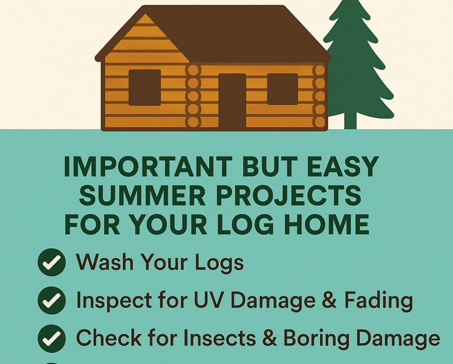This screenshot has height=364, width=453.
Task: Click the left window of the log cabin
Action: point(145,87)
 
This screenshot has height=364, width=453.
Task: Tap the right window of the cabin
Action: point(282,89)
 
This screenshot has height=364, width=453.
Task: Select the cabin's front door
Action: point(232,101)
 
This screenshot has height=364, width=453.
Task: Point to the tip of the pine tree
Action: point(350,0)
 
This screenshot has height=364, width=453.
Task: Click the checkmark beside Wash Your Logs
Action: point(52,262)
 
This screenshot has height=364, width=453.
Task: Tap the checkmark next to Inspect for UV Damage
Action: point(52,301)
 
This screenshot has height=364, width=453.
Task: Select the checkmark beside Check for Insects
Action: point(52,338)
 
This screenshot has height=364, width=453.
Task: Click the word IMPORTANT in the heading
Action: point(148,166)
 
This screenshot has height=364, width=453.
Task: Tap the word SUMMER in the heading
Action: point(143,195)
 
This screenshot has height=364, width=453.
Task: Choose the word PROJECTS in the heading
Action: point(289,195)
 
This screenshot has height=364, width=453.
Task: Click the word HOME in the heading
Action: point(327,224)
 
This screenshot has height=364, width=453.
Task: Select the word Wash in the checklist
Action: point(104,262)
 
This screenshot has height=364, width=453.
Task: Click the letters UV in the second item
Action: point(208,300)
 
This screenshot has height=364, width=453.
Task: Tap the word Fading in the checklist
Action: point(378,301)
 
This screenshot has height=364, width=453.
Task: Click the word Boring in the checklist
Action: point(316,339)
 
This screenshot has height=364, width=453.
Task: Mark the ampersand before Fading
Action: point(330,300)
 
